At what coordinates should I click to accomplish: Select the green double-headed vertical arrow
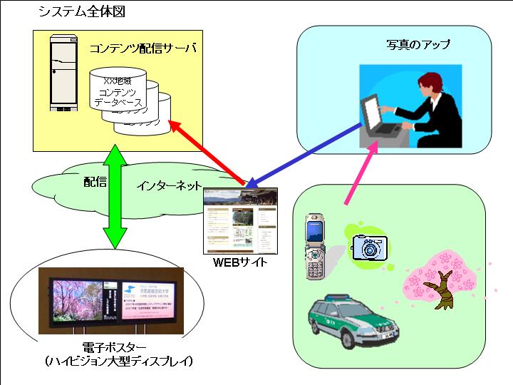pyautogui.click(x=114, y=194)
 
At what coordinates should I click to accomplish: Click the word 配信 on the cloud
pyautogui.click(x=95, y=183)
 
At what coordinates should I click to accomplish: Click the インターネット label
pyautogui.click(x=169, y=187)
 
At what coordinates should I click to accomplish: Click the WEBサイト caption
pyautogui.click(x=241, y=263)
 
